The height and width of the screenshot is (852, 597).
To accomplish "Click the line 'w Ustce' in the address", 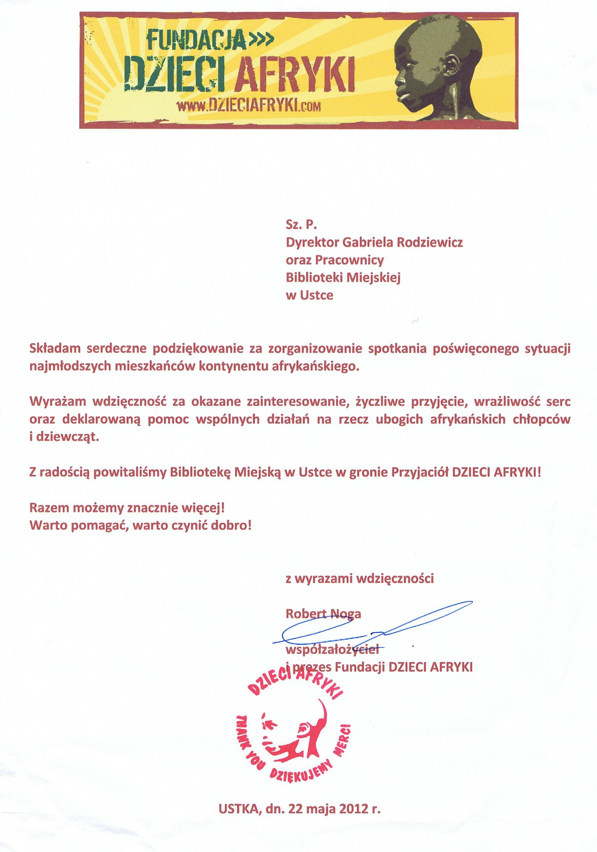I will [309, 295].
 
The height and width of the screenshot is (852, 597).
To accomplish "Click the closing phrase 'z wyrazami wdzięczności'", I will [359, 579].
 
